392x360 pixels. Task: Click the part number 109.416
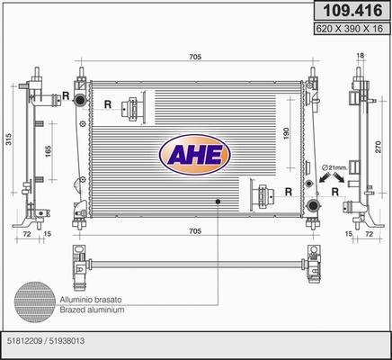[352, 11]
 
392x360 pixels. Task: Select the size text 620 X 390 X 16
[350, 29]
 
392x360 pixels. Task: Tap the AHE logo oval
[195, 155]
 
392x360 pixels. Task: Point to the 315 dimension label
[9, 139]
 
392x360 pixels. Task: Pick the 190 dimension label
[285, 134]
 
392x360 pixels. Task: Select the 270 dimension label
[379, 147]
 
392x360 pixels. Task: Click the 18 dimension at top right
[361, 55]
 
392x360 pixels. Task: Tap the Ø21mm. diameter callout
[334, 167]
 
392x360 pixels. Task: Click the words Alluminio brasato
[91, 300]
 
